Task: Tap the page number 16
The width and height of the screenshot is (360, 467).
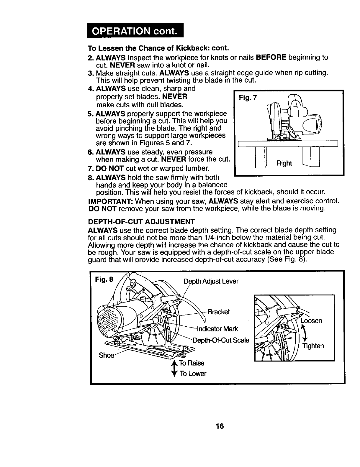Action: coord(220,426)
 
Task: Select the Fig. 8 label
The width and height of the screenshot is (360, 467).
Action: coord(104,279)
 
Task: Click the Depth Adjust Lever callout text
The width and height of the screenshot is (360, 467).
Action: coord(211,281)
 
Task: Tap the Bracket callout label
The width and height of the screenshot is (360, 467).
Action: coord(218,312)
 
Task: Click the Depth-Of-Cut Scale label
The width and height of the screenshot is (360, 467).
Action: coord(221,340)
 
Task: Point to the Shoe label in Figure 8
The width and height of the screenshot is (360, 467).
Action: coord(106,355)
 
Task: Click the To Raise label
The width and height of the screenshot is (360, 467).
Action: coord(192,363)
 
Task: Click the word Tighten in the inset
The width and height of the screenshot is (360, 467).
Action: coord(313,346)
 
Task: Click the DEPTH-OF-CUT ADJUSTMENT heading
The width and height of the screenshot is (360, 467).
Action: coord(141,221)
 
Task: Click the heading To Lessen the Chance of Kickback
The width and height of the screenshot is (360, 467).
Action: coord(158,48)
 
